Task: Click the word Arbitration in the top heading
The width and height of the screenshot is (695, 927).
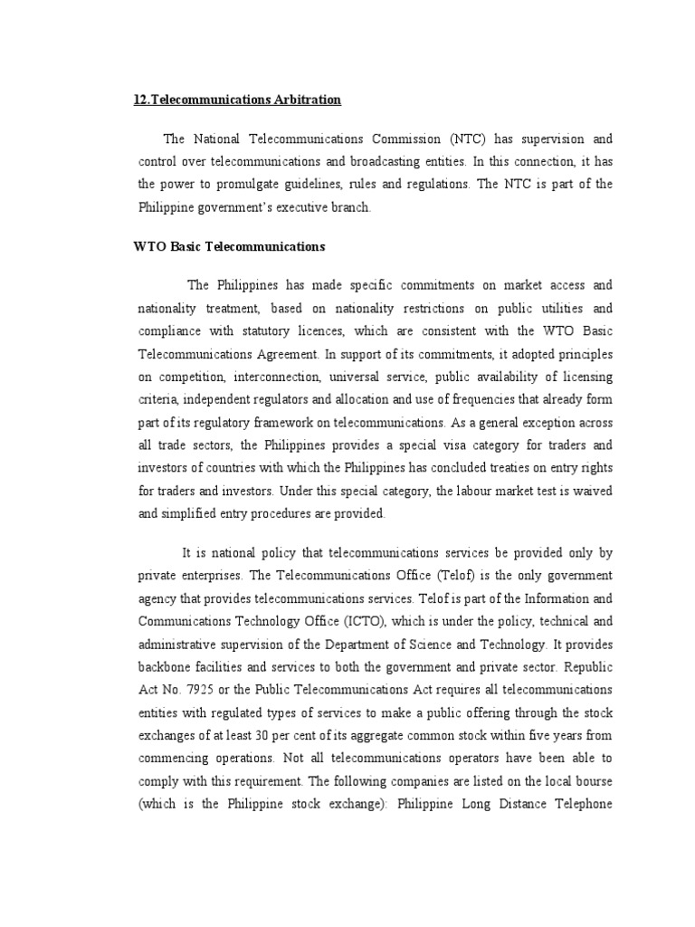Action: tap(302, 100)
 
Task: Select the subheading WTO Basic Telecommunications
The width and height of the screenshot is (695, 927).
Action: tap(230, 246)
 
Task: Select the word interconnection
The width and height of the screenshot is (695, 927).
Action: tap(273, 375)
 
